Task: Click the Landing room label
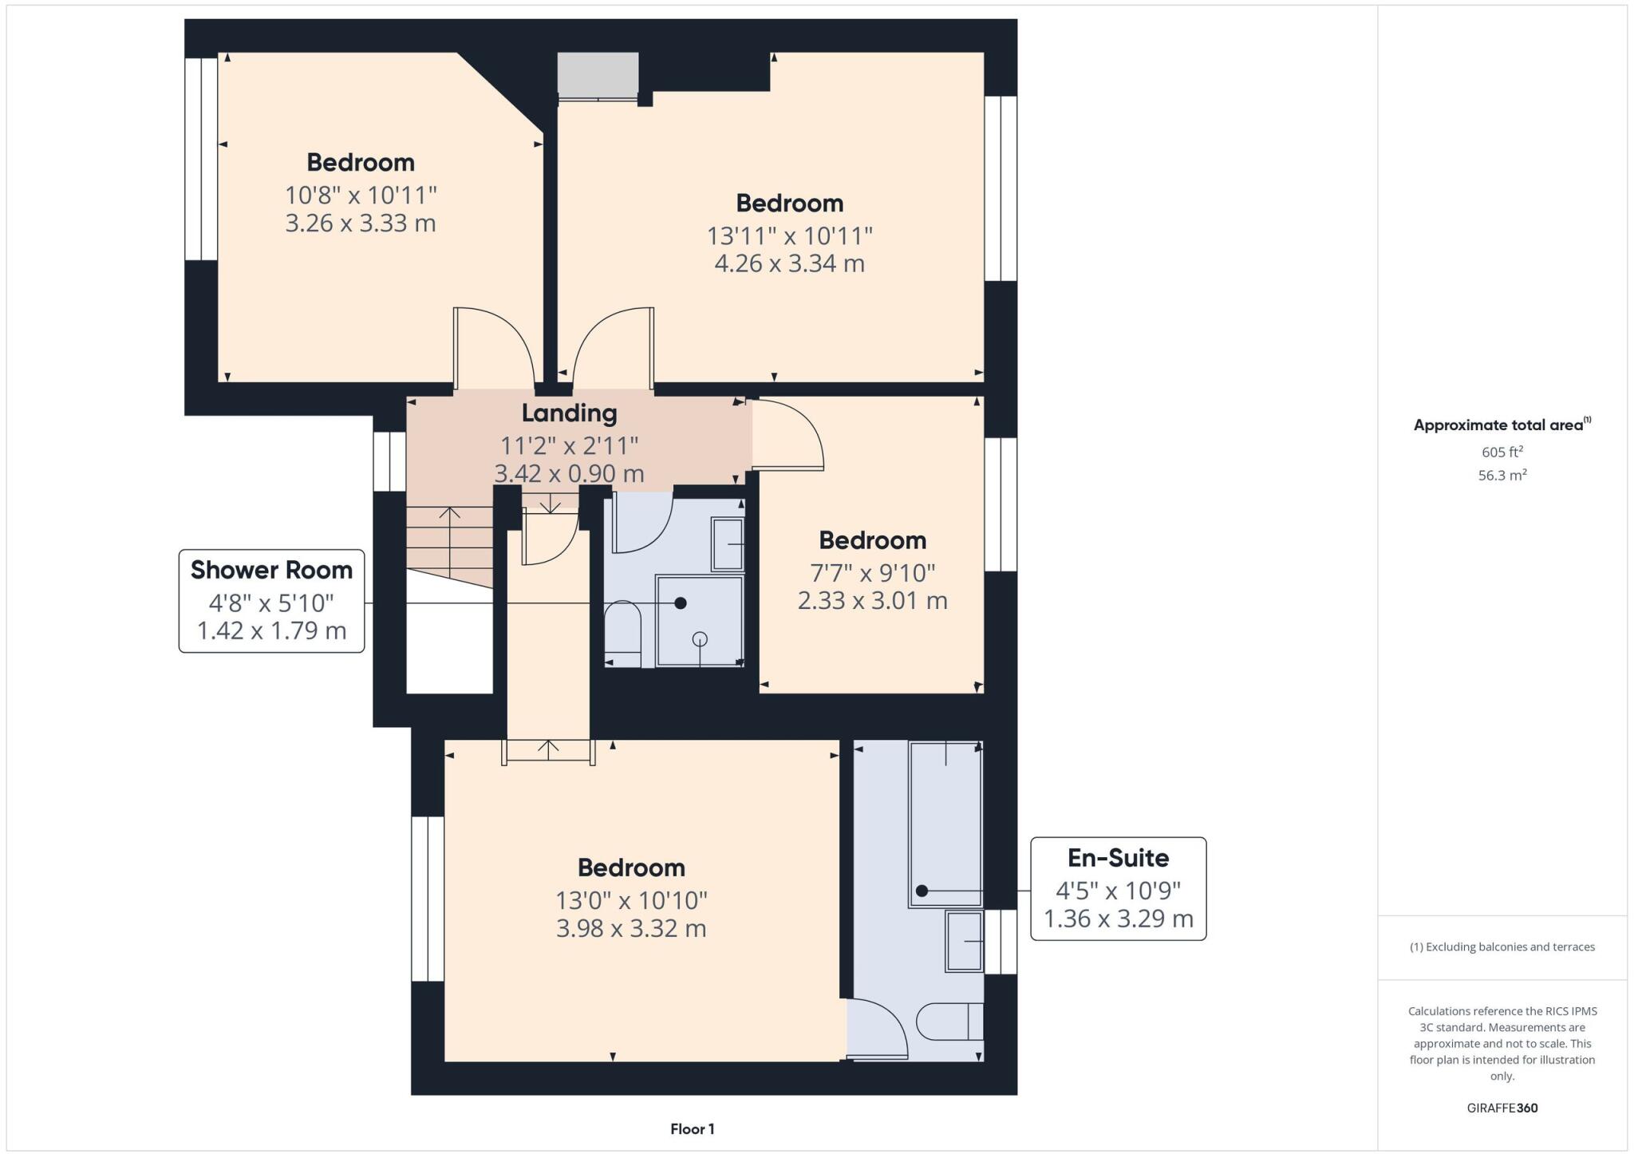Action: [x=569, y=413]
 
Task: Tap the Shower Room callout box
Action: [x=271, y=601]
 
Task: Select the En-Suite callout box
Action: [x=1118, y=888]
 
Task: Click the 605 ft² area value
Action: [x=1502, y=452]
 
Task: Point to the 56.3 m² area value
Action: [x=1502, y=475]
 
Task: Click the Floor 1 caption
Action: [x=692, y=1128]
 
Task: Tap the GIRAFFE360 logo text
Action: [x=1502, y=1108]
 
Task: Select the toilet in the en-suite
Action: [x=949, y=1022]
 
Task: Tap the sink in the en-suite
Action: [x=964, y=942]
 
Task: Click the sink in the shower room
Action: [x=727, y=544]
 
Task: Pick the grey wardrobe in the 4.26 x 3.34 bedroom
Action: [x=598, y=75]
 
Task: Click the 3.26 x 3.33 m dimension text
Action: [x=361, y=223]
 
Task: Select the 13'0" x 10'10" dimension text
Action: [x=631, y=900]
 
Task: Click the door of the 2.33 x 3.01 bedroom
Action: [x=786, y=435]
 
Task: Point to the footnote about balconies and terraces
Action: [x=1502, y=947]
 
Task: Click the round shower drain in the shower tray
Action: [x=700, y=638]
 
